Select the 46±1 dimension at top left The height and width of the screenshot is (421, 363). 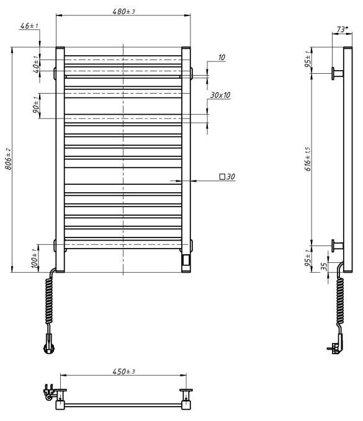tap(29, 26)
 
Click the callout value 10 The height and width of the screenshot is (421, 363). tap(221, 57)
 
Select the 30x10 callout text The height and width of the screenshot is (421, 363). tap(220, 95)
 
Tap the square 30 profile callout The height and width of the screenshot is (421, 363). tap(226, 177)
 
